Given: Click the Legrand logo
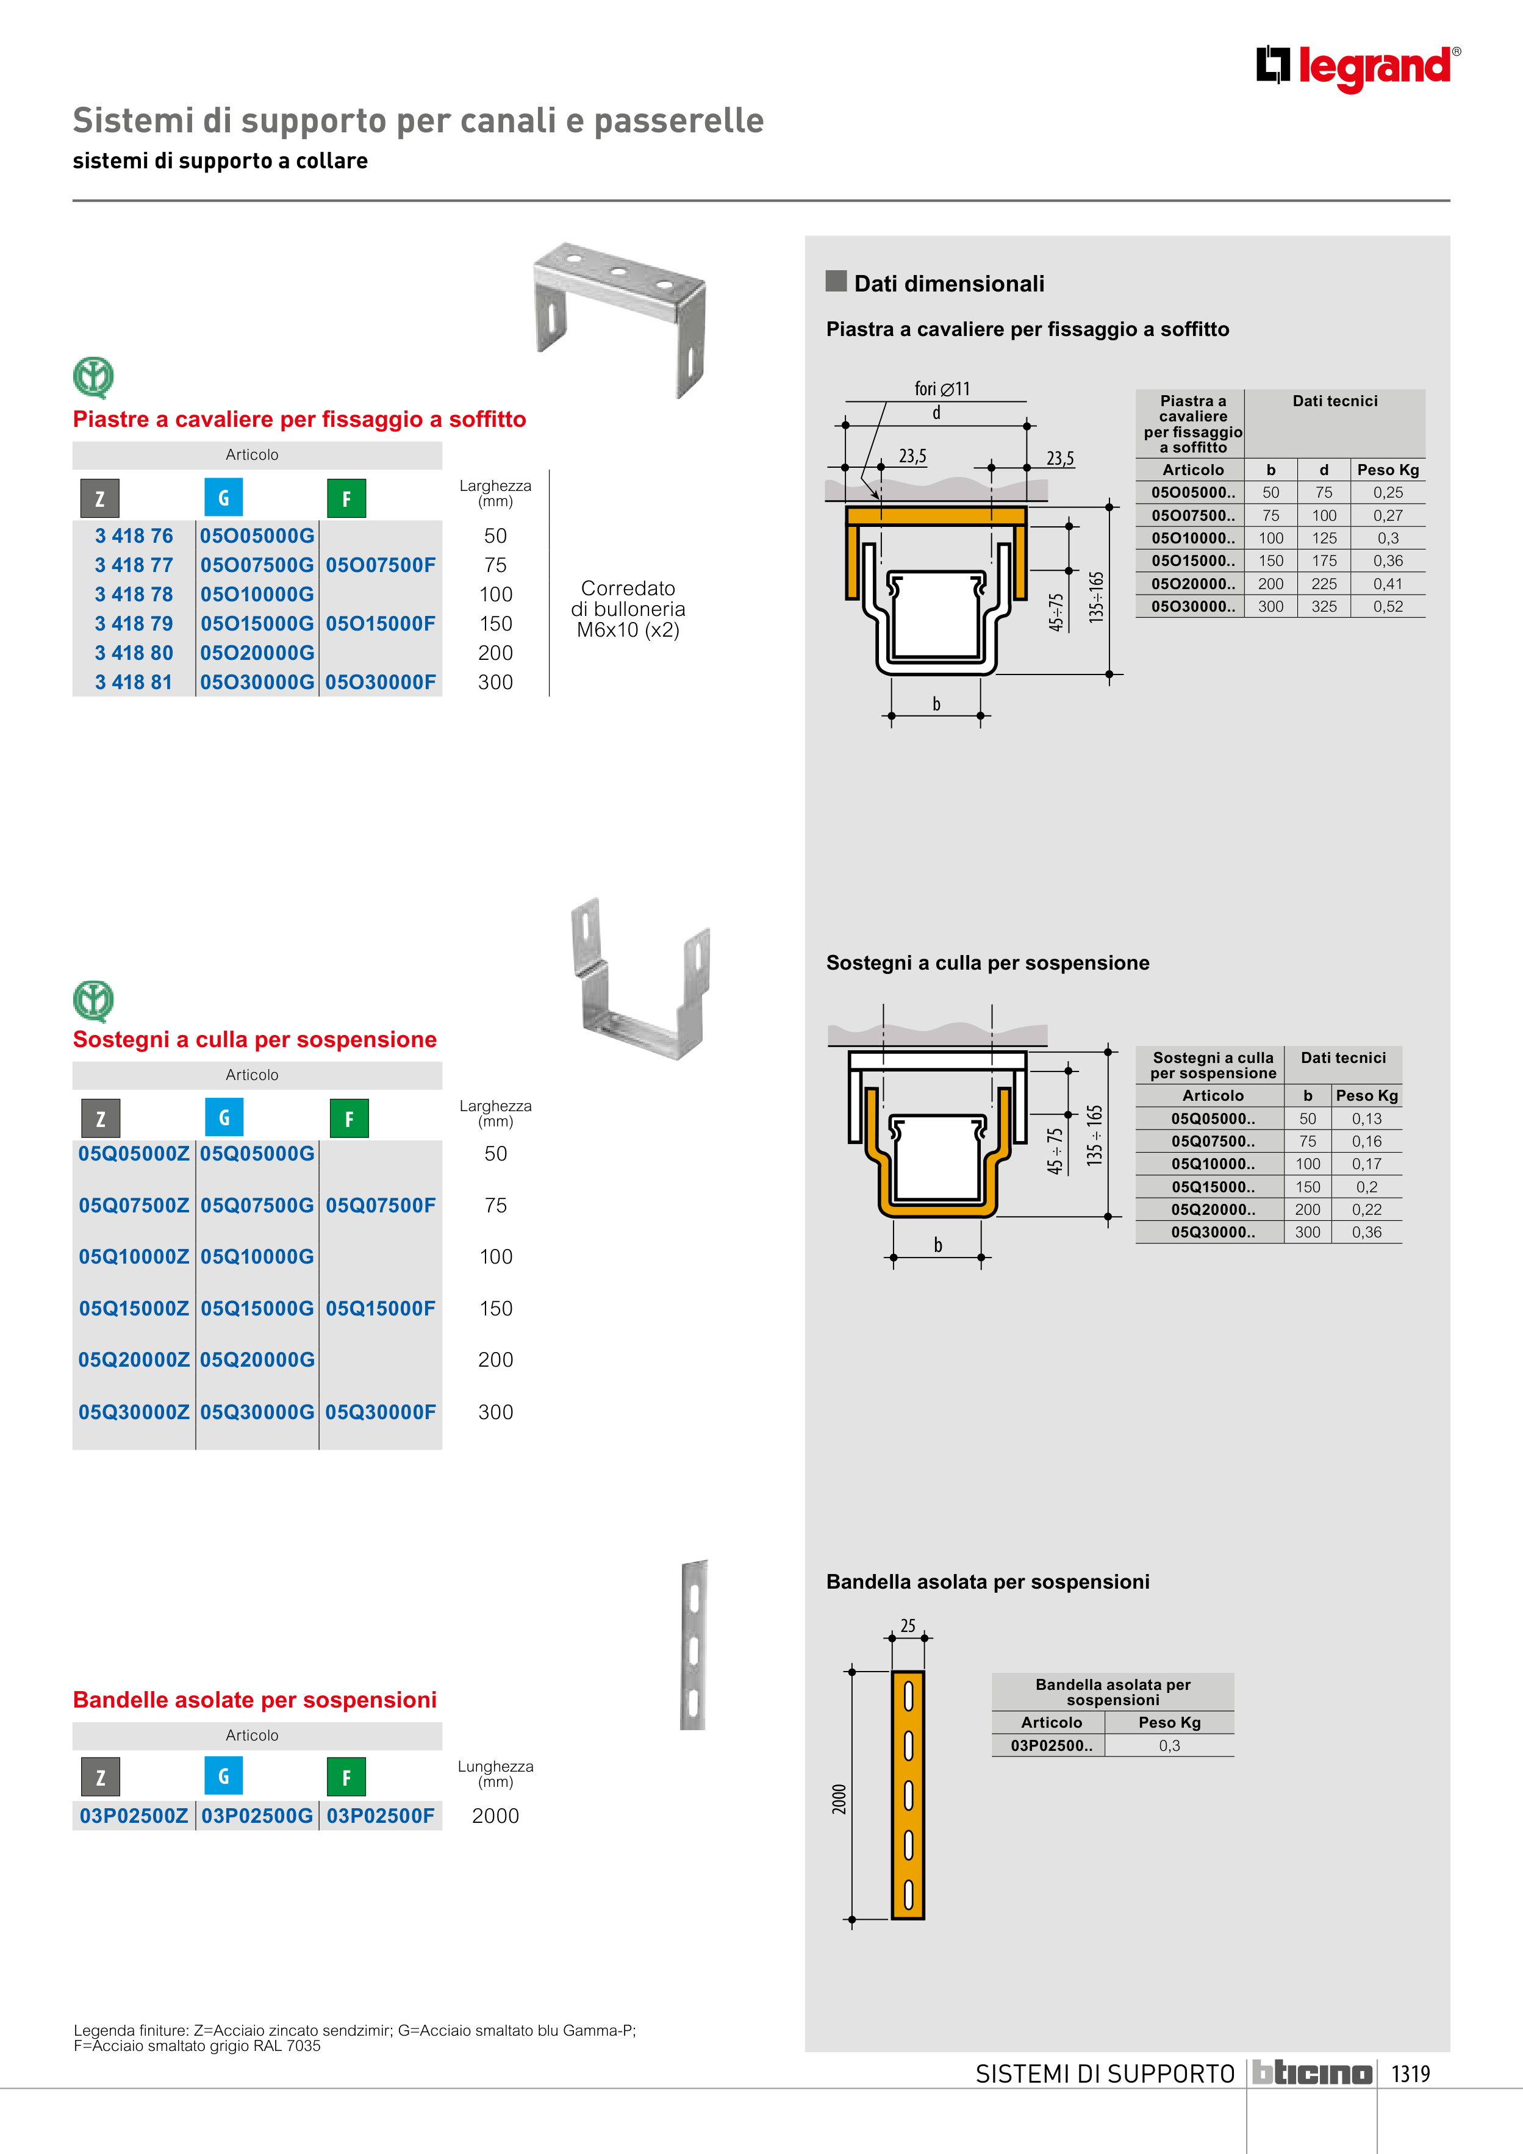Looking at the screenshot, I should pos(1358,68).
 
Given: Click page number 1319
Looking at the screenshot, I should pos(1410,2073).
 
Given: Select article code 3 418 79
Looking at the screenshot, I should pos(134,624).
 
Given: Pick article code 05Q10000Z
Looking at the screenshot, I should pos(134,1257).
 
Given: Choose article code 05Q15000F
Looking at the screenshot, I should pos(380,1309).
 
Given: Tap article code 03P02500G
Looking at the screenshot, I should pos(257,1816).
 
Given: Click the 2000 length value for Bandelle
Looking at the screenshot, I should pos(495,1816).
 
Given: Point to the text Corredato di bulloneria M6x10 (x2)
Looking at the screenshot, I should pos(628,609).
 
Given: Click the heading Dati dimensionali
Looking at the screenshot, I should pos(948,284).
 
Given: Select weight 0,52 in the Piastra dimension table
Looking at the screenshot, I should pos(1388,607).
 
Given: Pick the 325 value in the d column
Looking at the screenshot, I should pos(1324,607).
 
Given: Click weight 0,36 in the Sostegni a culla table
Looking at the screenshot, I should pos(1366,1233).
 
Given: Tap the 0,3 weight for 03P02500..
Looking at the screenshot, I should pos(1169,1746).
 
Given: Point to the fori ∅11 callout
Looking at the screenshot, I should pos(942,388).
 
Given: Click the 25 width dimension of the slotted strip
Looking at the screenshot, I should pos(908,1626).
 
